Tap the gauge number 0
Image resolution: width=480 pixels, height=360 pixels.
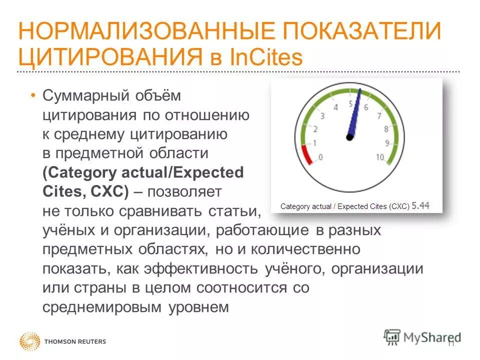point(320,157)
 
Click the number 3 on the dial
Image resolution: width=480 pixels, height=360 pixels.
point(322,116)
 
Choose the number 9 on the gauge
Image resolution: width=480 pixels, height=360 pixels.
point(386,143)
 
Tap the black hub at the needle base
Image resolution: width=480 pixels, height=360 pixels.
point(350,136)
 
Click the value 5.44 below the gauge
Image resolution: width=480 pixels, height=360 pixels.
point(420,205)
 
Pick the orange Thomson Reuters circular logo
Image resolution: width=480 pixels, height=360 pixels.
point(29,342)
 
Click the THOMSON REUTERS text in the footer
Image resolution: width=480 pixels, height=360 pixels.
point(75,342)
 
